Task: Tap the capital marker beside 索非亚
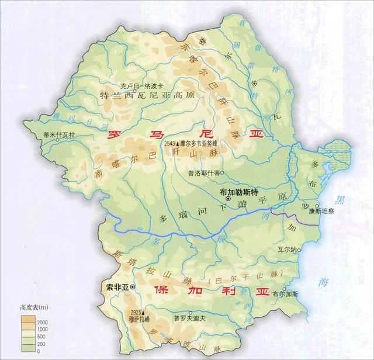coord(133,287)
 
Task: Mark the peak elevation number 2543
coord(170,143)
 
